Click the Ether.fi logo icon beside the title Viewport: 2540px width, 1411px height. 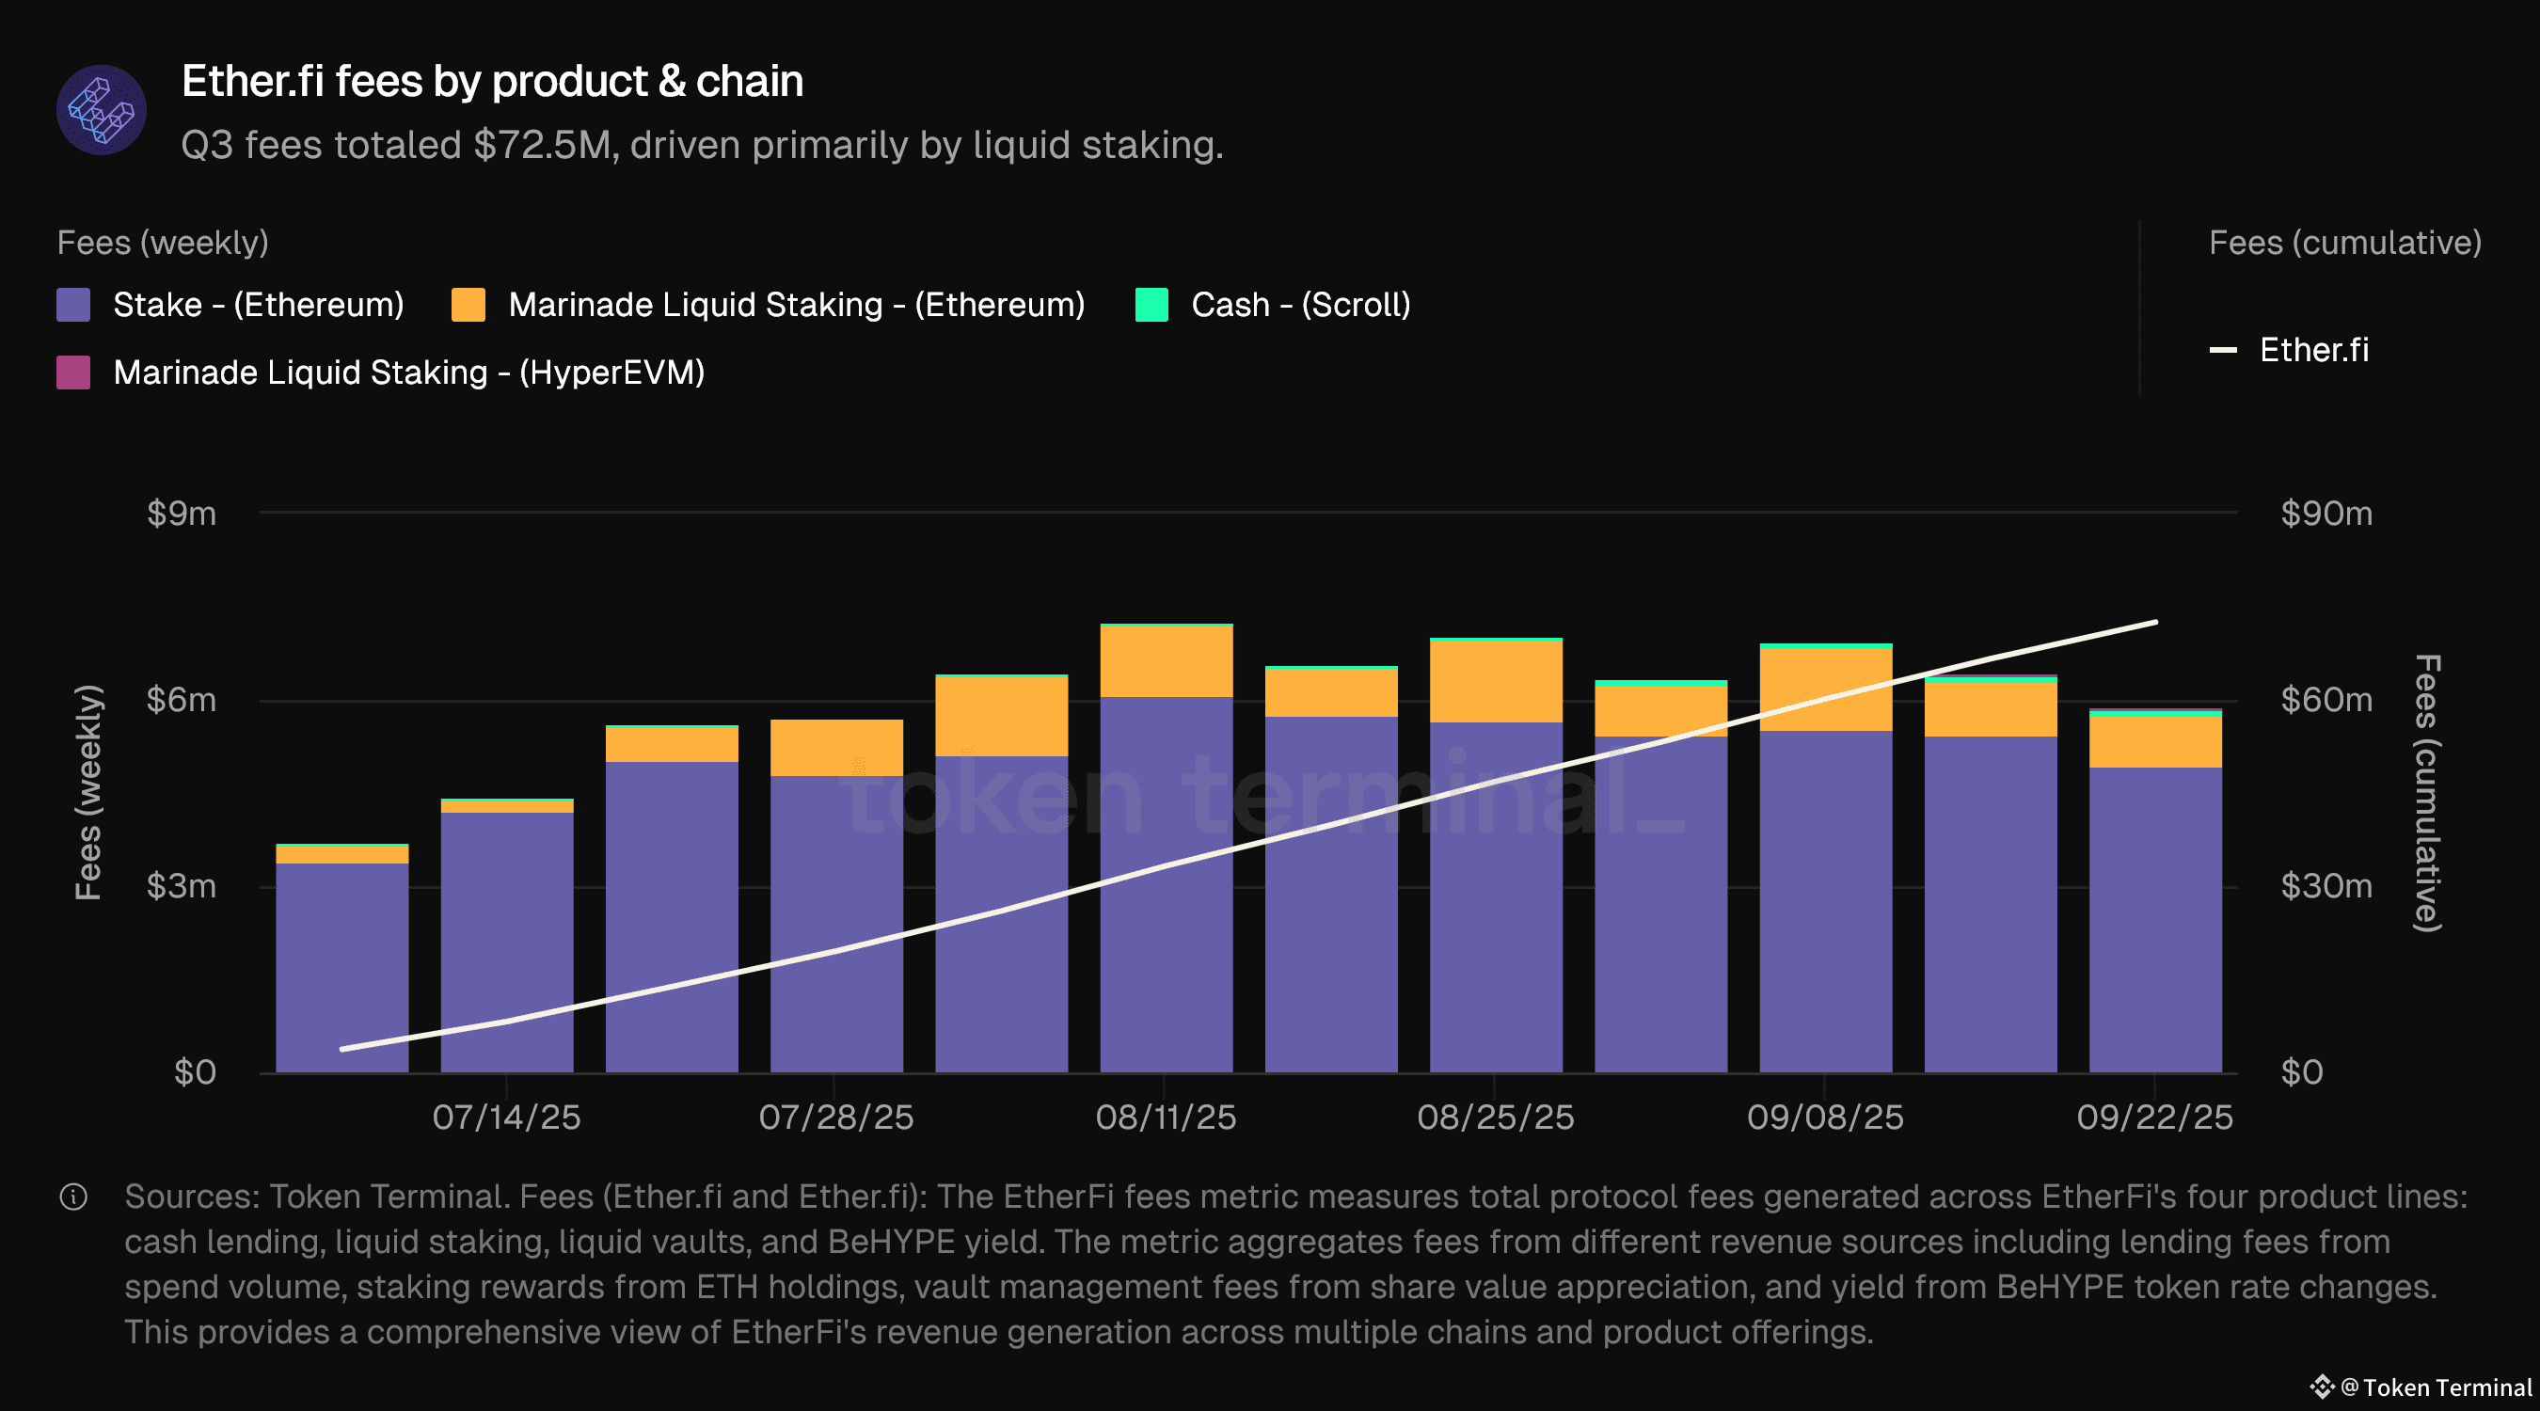102,109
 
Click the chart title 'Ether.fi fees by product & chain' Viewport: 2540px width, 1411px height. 492,81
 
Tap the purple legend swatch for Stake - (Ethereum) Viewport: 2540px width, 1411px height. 73,305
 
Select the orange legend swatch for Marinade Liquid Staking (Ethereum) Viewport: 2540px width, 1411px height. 468,305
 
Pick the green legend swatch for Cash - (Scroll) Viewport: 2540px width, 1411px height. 1151,305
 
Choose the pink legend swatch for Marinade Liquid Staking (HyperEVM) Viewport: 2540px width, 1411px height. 73,373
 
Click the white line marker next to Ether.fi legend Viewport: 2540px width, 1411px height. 2222,350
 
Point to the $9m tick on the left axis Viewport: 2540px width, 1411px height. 182,514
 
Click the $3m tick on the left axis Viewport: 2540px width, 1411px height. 182,886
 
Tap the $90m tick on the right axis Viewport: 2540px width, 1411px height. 2326,514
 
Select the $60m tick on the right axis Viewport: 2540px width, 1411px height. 2326,700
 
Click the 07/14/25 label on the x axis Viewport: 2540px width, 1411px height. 506,1118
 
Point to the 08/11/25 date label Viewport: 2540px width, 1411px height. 1166,1118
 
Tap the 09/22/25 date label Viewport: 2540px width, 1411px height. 2154,1118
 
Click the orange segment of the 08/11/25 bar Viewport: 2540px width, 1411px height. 1166,661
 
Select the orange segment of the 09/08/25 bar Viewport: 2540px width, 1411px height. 1825,690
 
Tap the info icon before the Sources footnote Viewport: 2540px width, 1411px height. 74,1197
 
